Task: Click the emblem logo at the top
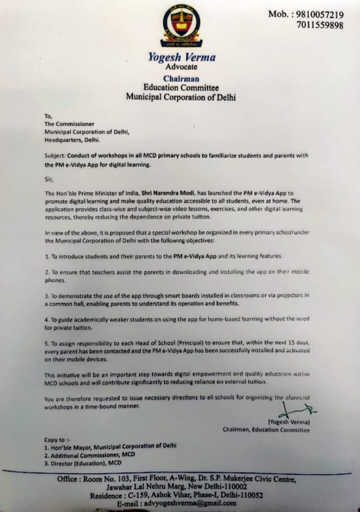point(180,25)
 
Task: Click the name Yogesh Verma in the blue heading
point(181,56)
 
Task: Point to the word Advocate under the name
point(181,66)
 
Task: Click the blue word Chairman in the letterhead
point(181,78)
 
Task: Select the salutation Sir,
point(48,178)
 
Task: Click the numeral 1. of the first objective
point(47,256)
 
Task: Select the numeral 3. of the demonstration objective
point(47,295)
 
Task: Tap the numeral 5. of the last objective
point(47,344)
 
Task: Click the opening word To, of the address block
point(48,115)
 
